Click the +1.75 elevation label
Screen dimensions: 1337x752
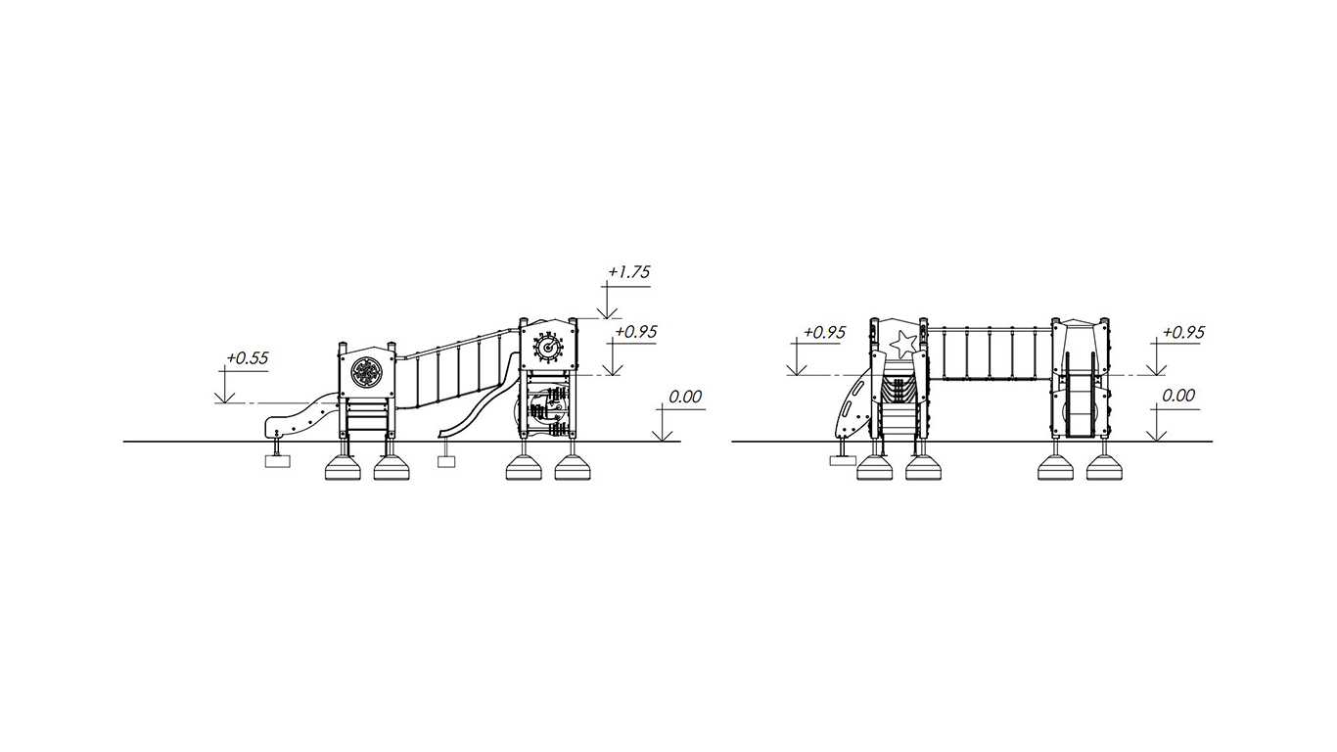[x=628, y=272]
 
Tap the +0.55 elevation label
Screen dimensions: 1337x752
[x=247, y=357]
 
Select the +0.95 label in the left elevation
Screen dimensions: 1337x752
[x=635, y=332]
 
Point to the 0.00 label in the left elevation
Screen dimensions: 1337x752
[x=684, y=397]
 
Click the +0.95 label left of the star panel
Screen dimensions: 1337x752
[x=824, y=332]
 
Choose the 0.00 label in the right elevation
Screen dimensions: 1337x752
[x=1178, y=396]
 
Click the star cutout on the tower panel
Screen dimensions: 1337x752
[x=903, y=344]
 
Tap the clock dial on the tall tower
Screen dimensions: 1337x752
[x=548, y=347]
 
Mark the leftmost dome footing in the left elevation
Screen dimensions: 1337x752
[x=343, y=468]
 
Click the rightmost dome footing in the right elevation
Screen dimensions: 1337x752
[x=1104, y=468]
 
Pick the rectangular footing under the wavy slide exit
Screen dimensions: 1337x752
[x=278, y=461]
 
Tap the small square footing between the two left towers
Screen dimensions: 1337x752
[x=446, y=461]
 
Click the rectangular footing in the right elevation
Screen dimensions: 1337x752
[x=843, y=460]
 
